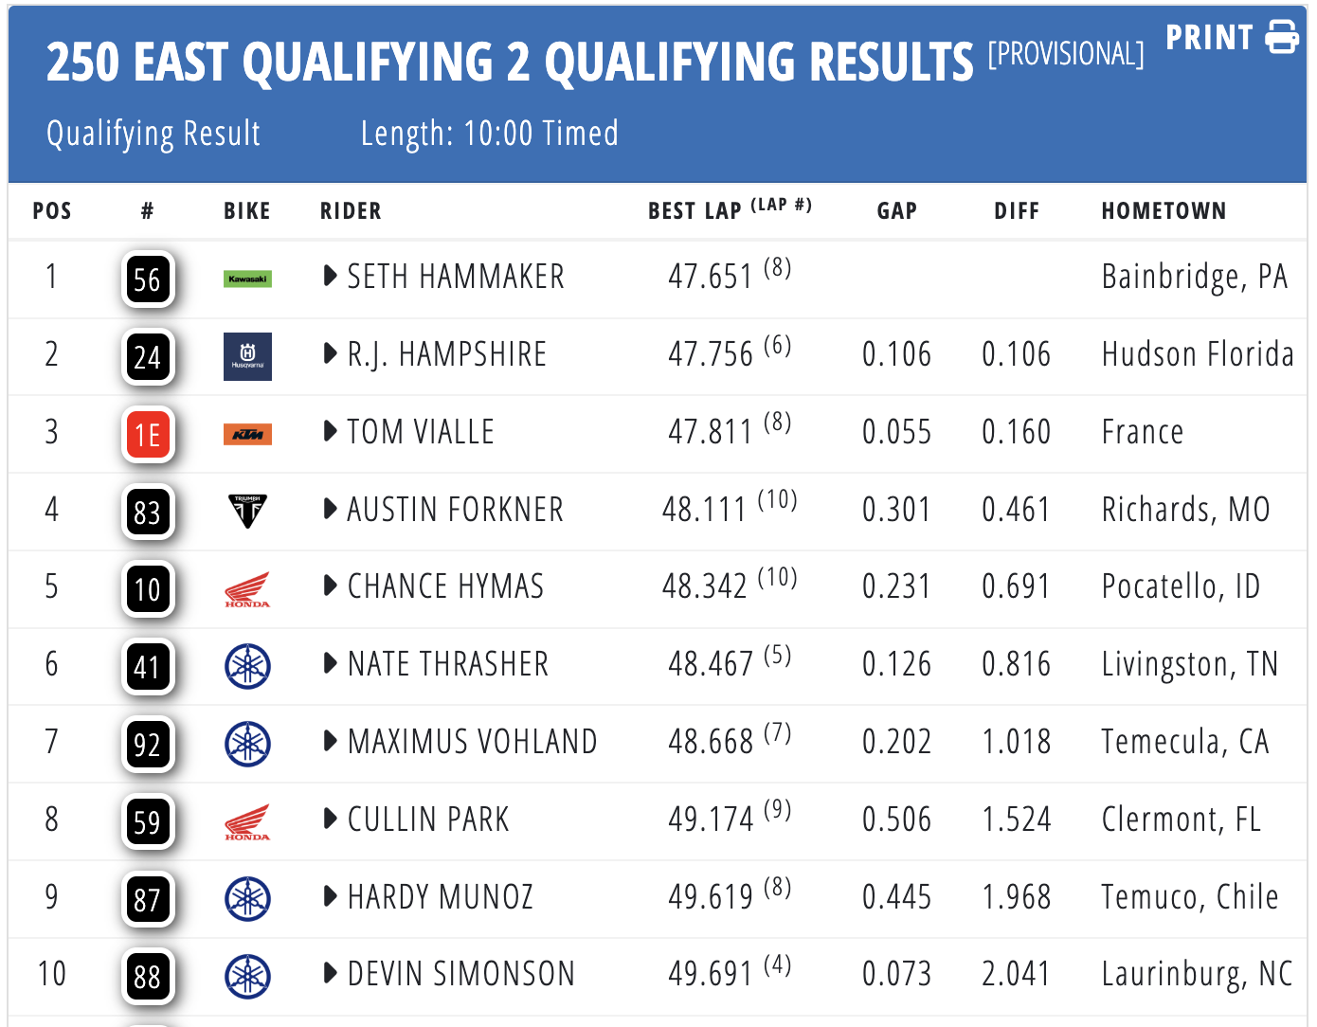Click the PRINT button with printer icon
tap(1232, 38)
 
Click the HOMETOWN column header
tap(1164, 211)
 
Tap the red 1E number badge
tap(148, 435)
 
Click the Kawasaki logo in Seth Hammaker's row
tap(247, 279)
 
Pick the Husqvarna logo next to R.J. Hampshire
tap(247, 356)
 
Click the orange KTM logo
tap(247, 434)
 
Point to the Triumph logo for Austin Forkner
tap(247, 511)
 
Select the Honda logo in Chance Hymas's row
tap(247, 589)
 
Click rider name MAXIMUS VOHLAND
tap(472, 742)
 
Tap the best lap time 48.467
tap(711, 664)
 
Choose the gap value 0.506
tap(896, 820)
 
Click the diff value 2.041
tap(1016, 974)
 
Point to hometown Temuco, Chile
tap(1190, 897)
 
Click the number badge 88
tap(148, 977)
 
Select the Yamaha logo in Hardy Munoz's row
tap(247, 899)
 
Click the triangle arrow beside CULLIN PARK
tap(331, 819)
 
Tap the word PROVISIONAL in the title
tap(1066, 54)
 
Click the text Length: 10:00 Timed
tap(490, 134)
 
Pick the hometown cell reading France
tap(1142, 432)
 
